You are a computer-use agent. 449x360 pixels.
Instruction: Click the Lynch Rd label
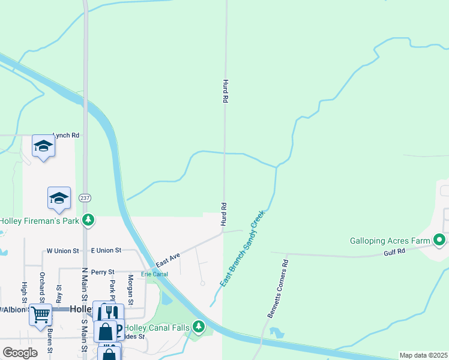pyautogui.click(x=66, y=136)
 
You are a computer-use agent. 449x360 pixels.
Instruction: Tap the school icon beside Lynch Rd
pyautogui.click(x=43, y=146)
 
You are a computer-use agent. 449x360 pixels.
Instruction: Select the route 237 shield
pyautogui.click(x=85, y=198)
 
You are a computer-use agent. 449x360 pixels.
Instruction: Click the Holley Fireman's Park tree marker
pyautogui.click(x=89, y=220)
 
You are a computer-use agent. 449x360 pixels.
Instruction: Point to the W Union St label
pyautogui.click(x=63, y=250)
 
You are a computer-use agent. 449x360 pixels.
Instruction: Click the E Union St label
pyautogui.click(x=106, y=250)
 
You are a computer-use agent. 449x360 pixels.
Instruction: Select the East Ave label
pyautogui.click(x=168, y=260)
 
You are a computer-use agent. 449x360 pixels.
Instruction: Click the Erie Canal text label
pyautogui.click(x=154, y=274)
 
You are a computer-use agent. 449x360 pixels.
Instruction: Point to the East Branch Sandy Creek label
pyautogui.click(x=242, y=248)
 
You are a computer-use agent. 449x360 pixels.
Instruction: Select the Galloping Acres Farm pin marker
pyautogui.click(x=439, y=241)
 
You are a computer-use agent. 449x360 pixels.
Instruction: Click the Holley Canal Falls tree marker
pyautogui.click(x=199, y=328)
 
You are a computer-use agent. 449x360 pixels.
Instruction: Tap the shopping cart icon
pyautogui.click(x=40, y=314)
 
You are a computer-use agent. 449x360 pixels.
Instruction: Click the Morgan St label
pyautogui.click(x=130, y=287)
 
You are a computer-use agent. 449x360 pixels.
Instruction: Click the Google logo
pyautogui.click(x=20, y=352)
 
